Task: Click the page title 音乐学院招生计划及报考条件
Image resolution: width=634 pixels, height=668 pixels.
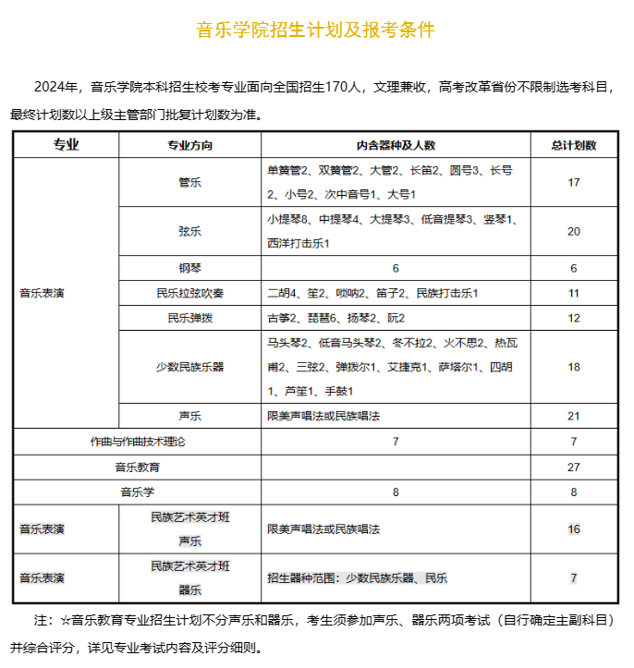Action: pos(316,30)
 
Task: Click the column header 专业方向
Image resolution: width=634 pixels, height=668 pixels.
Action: pos(189,146)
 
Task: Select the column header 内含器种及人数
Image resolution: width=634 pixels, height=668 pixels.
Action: pos(395,146)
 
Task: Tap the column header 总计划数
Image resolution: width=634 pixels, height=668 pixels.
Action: pos(573,146)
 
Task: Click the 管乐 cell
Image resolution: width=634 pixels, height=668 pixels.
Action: pos(189,182)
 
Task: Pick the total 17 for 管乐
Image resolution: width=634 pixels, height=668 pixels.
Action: pos(573,182)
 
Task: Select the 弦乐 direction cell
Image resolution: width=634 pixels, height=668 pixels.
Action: pos(189,231)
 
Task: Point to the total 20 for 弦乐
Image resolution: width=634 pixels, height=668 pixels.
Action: pos(573,231)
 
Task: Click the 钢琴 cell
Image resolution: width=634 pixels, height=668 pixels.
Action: pos(189,268)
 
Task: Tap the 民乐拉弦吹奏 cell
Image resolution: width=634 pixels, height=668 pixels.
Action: pos(189,293)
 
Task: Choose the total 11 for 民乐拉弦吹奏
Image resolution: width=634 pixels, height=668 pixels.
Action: pos(573,293)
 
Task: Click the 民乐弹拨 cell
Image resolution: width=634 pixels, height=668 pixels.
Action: pos(189,318)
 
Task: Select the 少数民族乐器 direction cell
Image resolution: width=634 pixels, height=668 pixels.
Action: pos(189,367)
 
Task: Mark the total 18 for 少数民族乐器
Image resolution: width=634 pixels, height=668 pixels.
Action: pos(573,367)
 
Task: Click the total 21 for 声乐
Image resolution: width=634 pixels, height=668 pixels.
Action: pos(573,416)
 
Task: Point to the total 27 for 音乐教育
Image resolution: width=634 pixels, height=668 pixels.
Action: pos(573,467)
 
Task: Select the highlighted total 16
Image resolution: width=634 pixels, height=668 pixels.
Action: pos(573,528)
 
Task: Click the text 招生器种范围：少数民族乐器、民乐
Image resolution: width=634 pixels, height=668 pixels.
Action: pos(357,578)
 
